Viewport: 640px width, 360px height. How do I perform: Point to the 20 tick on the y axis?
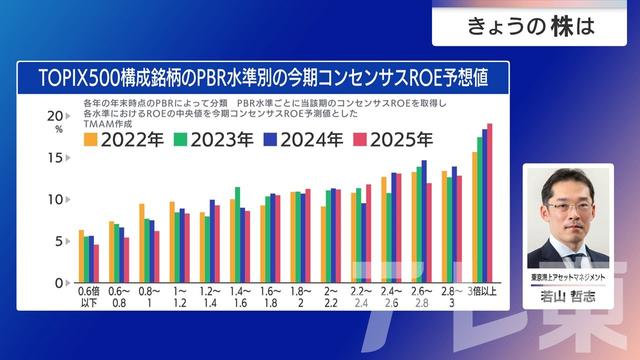[55, 116]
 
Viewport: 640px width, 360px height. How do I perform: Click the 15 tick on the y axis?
[56, 157]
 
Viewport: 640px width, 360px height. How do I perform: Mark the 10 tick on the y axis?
[56, 199]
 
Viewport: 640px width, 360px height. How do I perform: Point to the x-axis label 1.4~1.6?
[240, 296]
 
